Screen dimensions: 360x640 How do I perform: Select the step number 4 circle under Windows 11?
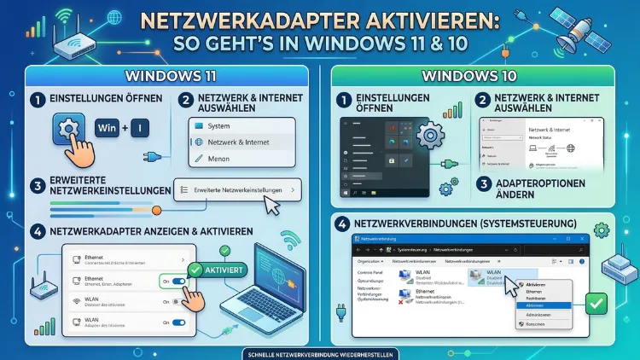click(36, 230)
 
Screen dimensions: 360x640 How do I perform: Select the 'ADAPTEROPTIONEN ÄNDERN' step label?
click(547, 189)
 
